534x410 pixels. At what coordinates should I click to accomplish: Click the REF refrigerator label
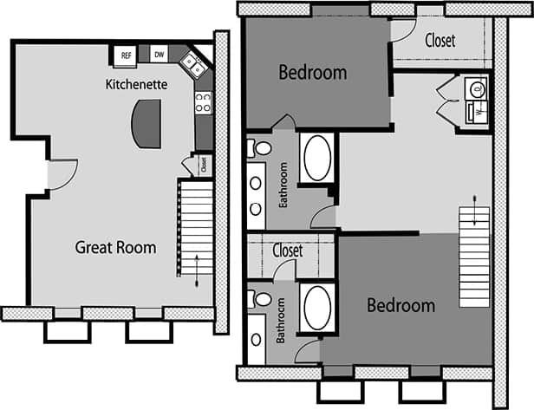[127, 56]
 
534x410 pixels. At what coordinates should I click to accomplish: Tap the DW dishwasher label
[159, 55]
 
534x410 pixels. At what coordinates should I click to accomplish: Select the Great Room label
[115, 248]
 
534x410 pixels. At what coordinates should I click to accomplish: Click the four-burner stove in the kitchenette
[203, 102]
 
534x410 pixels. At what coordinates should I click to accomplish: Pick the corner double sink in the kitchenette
[193, 64]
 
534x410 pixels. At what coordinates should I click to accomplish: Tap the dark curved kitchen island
[146, 122]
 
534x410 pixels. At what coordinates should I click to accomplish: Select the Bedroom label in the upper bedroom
[312, 72]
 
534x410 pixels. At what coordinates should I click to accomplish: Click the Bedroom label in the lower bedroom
[400, 306]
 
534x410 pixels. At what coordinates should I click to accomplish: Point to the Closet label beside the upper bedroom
[440, 40]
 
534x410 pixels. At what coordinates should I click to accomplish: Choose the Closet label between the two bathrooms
[287, 251]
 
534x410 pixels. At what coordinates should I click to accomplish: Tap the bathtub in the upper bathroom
[316, 157]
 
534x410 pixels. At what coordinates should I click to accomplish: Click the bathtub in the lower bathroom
[316, 307]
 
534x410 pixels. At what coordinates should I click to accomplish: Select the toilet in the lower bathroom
[260, 299]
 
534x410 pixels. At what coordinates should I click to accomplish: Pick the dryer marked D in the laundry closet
[477, 88]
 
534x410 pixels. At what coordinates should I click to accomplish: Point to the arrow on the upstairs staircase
[474, 213]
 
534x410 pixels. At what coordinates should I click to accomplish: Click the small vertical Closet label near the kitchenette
[204, 163]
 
